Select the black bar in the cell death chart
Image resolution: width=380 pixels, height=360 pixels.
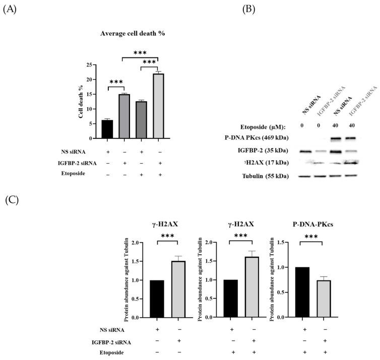(x=106, y=129)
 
